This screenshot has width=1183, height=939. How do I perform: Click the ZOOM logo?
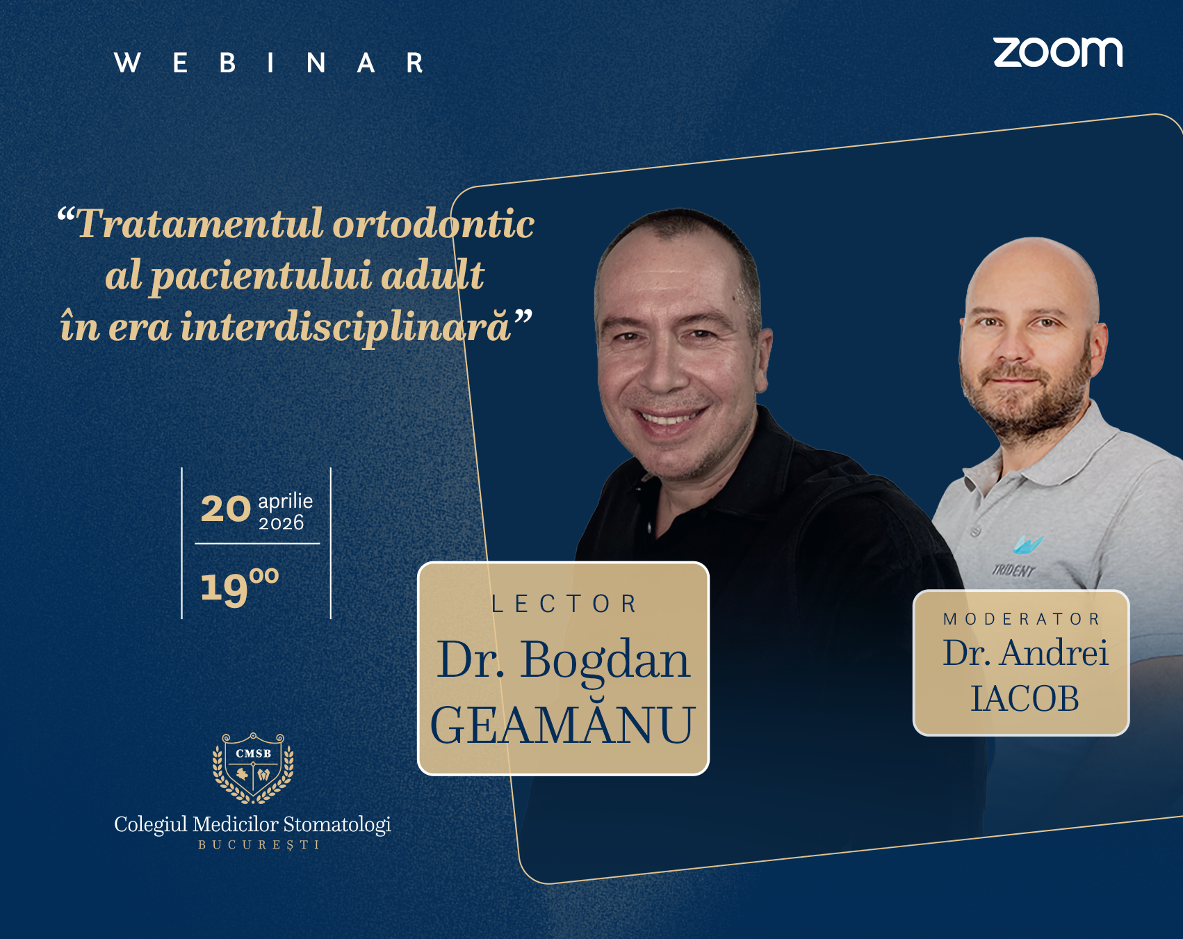tap(1057, 53)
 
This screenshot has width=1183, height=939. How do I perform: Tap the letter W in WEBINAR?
tap(127, 63)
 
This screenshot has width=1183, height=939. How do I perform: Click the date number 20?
tap(225, 509)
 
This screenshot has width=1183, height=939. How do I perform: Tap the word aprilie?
tap(285, 501)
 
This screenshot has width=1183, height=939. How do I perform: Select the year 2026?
tap(281, 523)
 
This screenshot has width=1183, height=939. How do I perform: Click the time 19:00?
tap(239, 586)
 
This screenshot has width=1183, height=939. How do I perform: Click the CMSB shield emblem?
tap(253, 768)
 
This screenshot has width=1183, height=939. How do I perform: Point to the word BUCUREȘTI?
tap(259, 845)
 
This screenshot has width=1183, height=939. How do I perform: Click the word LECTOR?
tap(564, 604)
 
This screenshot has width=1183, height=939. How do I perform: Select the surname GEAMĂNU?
tap(562, 725)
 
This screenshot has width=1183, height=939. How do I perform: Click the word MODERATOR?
tap(1021, 619)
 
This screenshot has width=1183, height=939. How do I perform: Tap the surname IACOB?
tap(1025, 698)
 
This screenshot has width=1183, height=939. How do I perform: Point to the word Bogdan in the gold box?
tap(605, 659)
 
